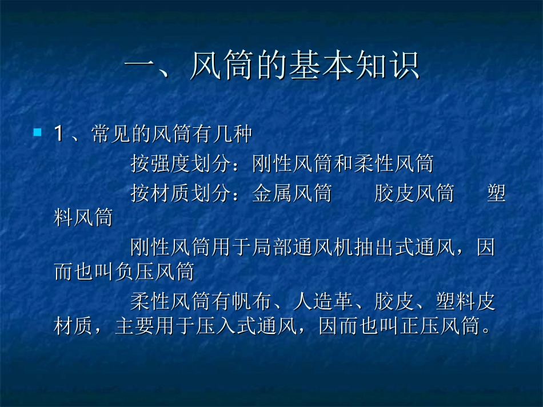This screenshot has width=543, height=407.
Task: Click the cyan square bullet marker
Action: tap(38, 132)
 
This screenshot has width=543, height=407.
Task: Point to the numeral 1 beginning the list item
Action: tap(58, 135)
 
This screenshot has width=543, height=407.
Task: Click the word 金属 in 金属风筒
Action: tap(272, 194)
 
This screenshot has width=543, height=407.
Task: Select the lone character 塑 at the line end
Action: tap(496, 194)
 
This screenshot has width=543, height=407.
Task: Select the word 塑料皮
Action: tap(465, 302)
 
